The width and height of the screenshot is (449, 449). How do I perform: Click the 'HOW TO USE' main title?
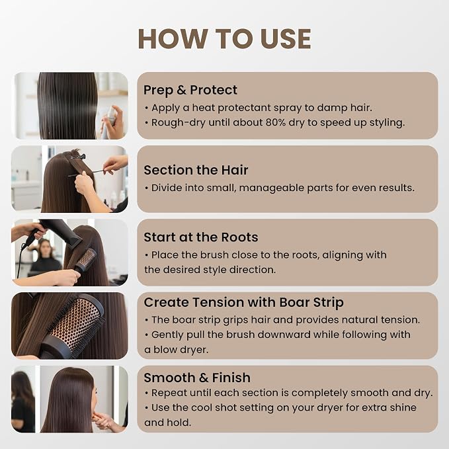click(225, 39)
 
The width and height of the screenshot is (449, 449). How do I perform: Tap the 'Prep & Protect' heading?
click(190, 90)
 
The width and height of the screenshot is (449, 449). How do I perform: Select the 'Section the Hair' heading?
click(196, 170)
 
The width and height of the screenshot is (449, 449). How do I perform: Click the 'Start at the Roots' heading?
click(201, 237)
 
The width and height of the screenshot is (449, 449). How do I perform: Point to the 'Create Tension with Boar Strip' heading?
click(244, 302)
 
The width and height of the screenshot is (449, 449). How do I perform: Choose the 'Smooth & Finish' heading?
click(197, 378)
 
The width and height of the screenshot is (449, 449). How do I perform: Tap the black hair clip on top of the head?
click(77, 157)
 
